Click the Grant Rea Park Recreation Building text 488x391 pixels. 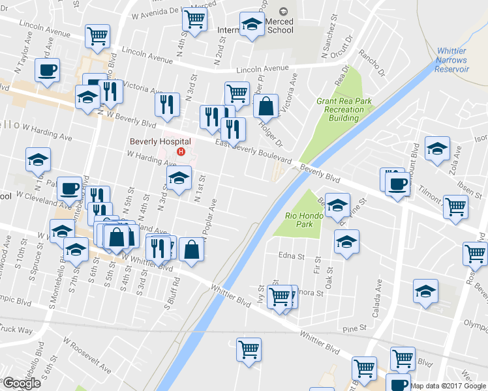pos(340,109)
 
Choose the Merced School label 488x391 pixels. pos(281,26)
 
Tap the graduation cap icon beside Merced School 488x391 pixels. pos(251,25)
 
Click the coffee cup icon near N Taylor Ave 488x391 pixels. pos(48,70)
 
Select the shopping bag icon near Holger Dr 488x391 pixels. pos(266,106)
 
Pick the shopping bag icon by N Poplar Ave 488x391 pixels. pos(191,249)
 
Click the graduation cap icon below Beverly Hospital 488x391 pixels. pos(179,178)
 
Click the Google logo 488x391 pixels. pos(22,383)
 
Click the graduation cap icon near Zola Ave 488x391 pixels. pos(436,148)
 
